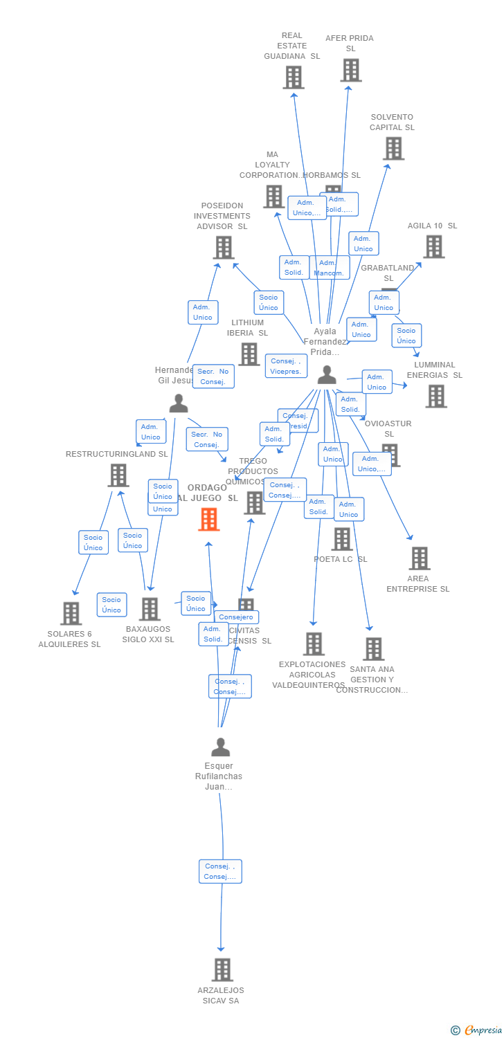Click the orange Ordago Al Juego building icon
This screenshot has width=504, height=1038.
[x=209, y=519]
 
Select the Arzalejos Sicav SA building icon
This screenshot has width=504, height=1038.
[x=222, y=969]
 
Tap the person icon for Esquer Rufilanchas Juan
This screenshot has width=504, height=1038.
[x=220, y=747]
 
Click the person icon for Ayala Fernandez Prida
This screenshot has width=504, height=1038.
[x=327, y=375]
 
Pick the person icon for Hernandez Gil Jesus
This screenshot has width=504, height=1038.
[x=179, y=403]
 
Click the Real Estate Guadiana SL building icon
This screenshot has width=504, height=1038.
[x=293, y=78]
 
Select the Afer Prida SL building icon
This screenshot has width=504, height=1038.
[x=351, y=70]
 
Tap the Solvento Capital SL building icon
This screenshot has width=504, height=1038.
[x=393, y=148]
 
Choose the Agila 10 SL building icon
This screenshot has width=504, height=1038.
[x=433, y=246]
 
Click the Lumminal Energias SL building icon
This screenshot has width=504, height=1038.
[x=435, y=397]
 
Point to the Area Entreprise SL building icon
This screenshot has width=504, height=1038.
[x=419, y=558]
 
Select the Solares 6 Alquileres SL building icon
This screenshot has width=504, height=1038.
[x=71, y=613]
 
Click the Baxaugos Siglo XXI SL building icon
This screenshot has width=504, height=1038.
[x=149, y=609]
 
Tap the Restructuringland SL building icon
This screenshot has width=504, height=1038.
[x=118, y=475]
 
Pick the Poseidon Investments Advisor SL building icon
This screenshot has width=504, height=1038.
[x=223, y=247]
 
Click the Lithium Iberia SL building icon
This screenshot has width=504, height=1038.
[x=249, y=354]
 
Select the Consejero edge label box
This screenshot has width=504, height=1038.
[x=236, y=617]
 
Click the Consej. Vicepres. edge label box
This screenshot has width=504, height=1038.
[x=286, y=366]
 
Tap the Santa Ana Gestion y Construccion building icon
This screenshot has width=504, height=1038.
[x=373, y=649]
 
